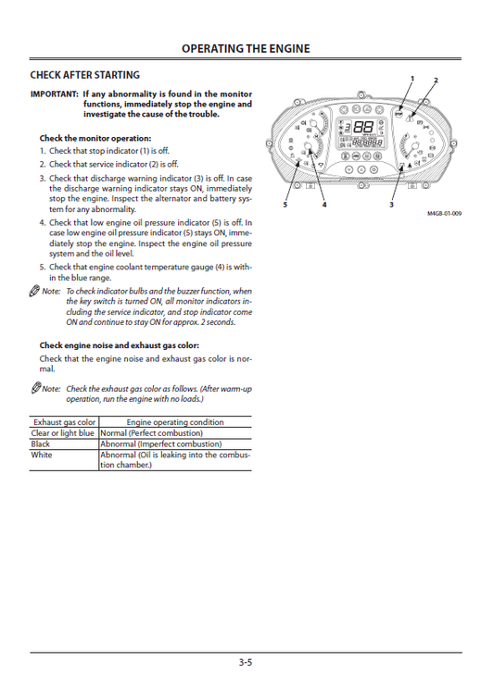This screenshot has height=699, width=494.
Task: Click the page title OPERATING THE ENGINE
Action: [246, 48]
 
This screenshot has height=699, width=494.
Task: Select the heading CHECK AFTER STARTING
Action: [85, 75]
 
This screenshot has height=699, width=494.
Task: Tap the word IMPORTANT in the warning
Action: [54, 94]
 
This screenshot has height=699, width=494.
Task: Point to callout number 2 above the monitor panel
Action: [436, 82]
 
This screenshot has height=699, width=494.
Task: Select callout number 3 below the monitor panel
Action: [390, 204]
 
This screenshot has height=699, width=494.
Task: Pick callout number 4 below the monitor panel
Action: [324, 204]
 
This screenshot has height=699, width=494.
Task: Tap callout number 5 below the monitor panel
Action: [285, 204]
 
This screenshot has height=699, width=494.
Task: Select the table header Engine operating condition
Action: [175, 422]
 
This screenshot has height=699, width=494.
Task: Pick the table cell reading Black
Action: [41, 444]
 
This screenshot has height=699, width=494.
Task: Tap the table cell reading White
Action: [42, 456]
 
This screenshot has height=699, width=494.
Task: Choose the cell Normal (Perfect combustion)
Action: [151, 433]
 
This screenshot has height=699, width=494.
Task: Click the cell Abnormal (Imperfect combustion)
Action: [157, 444]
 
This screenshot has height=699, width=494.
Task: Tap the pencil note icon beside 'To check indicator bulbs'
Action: [34, 291]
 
